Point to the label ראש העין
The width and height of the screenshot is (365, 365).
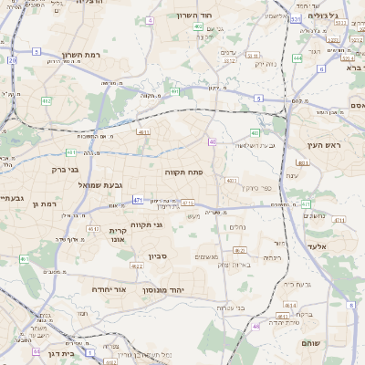click(324, 146)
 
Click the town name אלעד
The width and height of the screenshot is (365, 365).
click(340, 246)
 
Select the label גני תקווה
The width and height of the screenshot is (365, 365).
click(145, 225)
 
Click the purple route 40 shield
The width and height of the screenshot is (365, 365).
click(212, 141)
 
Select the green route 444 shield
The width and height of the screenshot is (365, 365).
click(297, 57)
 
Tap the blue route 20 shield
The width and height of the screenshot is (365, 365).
click(12, 59)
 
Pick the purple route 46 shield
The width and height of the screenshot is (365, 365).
click(255, 326)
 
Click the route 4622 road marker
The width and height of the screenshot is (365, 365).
click(136, 267)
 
